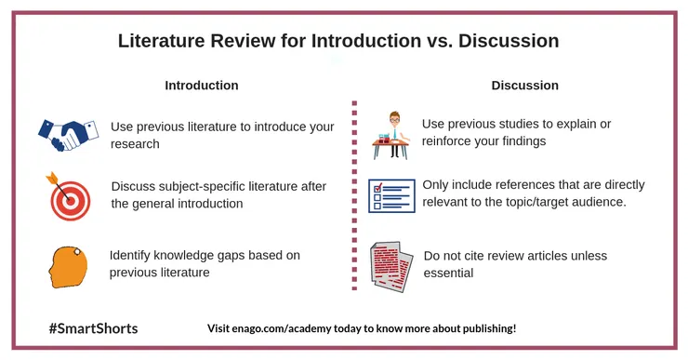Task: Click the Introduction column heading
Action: [x=202, y=86]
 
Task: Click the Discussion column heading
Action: [x=524, y=86]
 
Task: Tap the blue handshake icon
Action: [x=68, y=134]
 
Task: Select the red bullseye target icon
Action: [x=70, y=197]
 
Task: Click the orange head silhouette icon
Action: [x=68, y=267]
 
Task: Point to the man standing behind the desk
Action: [x=395, y=134]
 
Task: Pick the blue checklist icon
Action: [x=391, y=195]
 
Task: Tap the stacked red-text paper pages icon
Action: [x=391, y=266]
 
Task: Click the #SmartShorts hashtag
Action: [x=93, y=328]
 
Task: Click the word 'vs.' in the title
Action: [x=439, y=41]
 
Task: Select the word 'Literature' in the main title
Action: [x=162, y=41]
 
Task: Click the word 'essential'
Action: [x=448, y=273]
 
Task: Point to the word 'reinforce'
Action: [x=446, y=140]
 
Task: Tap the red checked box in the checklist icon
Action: [x=377, y=189]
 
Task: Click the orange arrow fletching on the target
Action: [x=52, y=178]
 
